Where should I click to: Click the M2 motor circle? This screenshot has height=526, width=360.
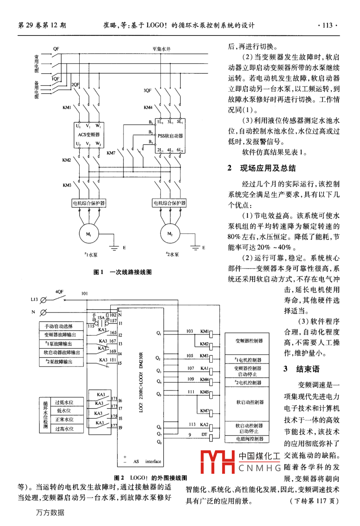[x=170, y=234]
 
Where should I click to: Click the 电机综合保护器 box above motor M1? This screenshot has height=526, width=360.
[x=88, y=203]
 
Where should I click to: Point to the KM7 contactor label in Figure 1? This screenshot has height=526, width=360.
[x=111, y=153]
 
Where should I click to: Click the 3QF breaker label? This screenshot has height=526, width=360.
[x=147, y=90]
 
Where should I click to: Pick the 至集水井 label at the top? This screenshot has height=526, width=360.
[x=161, y=49]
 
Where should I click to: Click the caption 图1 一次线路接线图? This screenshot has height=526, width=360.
[x=122, y=272]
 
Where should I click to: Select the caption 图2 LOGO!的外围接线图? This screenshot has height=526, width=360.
[x=150, y=477]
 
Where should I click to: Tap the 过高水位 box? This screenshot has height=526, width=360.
[x=64, y=429]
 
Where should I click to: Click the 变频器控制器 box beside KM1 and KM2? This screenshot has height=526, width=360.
[x=249, y=341]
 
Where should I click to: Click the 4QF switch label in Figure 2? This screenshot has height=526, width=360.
[x=60, y=292]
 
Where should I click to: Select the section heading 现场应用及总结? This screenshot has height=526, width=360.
[x=268, y=168]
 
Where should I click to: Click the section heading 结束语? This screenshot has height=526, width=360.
[x=307, y=369]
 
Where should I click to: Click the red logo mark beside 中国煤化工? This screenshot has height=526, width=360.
[x=217, y=462]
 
